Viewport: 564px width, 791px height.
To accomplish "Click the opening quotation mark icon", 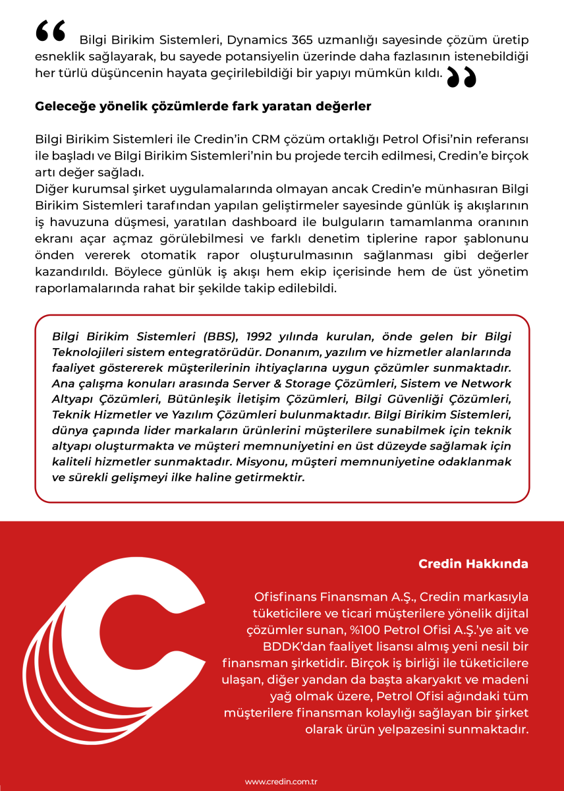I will tap(51, 31).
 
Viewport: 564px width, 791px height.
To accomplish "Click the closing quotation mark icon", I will tap(461, 77).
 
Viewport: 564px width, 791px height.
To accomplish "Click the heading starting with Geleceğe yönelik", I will tap(203, 105).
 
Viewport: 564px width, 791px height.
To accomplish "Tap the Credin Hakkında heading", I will tap(473, 564).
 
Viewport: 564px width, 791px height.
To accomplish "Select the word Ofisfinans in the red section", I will tap(285, 597).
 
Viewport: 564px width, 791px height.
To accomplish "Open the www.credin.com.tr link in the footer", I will tap(281, 781).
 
